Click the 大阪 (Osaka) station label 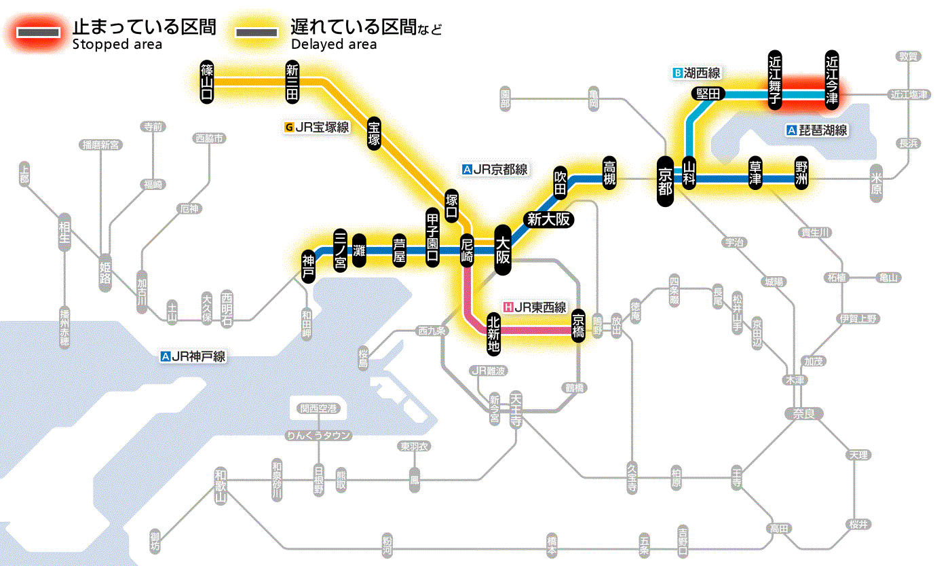[503, 250]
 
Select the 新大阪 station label [549, 219]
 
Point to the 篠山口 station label [208, 81]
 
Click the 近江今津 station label [832, 79]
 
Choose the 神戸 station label [308, 266]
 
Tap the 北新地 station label [494, 333]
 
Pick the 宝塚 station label [374, 133]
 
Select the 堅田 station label [708, 94]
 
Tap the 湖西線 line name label [697, 73]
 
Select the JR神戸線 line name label [193, 356]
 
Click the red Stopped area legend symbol [41, 32]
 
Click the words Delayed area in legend [333, 45]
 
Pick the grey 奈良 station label [803, 413]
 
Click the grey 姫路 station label [105, 273]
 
